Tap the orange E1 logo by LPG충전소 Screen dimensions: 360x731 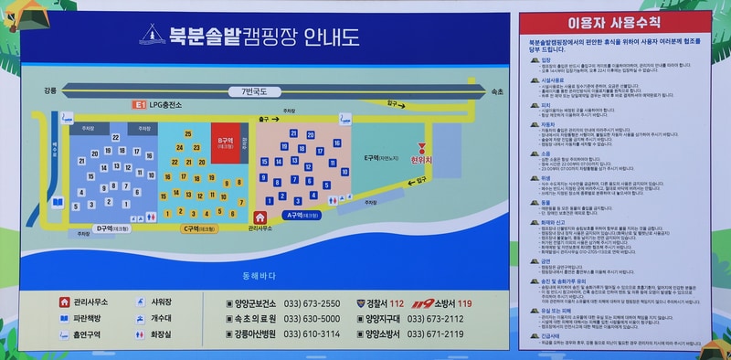[x=140, y=106]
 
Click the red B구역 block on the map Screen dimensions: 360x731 [x=225, y=142]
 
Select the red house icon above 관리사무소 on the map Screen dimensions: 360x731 [x=260, y=217]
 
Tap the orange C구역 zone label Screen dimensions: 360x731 [x=196, y=228]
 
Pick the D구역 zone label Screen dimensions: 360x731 [x=113, y=228]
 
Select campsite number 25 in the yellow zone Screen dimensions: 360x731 [x=188, y=134]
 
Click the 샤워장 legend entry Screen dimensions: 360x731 [x=161, y=302]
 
